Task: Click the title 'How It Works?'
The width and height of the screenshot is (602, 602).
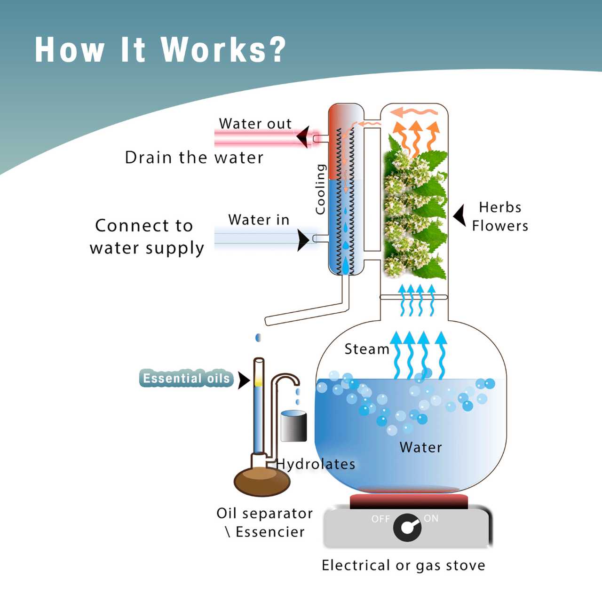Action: [160, 49]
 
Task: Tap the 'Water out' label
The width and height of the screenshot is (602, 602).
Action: [255, 124]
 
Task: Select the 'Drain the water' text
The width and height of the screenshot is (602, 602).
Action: [194, 158]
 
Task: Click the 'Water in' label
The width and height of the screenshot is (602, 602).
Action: [259, 220]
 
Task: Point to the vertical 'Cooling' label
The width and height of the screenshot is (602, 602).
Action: [320, 190]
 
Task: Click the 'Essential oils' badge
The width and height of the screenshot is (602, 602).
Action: [186, 378]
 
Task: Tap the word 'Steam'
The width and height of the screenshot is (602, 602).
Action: [367, 349]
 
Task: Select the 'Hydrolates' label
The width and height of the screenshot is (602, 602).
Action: [316, 464]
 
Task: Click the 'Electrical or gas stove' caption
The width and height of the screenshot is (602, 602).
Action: [403, 565]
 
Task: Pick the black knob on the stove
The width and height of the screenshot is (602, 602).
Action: [407, 527]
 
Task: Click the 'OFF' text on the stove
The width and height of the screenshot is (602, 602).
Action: [380, 519]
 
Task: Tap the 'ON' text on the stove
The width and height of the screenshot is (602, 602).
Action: [431, 518]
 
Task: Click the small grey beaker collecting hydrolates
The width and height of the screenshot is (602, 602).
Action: [293, 426]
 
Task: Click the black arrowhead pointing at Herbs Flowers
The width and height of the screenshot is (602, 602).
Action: [459, 215]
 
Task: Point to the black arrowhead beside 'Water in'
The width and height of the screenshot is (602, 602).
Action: [303, 240]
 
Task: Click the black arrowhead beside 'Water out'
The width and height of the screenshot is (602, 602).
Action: [303, 137]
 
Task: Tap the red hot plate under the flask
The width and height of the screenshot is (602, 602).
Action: [409, 501]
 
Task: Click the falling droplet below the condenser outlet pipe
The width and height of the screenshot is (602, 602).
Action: [258, 338]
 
